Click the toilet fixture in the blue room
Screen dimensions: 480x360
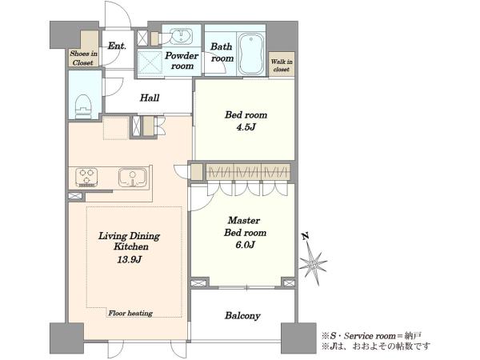pyautogui.click(x=83, y=106)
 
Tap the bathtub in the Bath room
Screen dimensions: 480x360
pyautogui.click(x=251, y=54)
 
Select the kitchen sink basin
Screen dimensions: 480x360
pyautogui.click(x=133, y=178)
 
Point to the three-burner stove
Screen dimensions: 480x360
pyautogui.click(x=86, y=178)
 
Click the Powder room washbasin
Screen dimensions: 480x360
pyautogui.click(x=181, y=37)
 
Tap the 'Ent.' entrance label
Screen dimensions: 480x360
pyautogui.click(x=117, y=46)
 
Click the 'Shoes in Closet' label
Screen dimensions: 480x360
pyautogui.click(x=83, y=58)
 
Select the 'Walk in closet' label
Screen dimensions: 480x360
pyautogui.click(x=282, y=66)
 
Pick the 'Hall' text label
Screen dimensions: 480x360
pyautogui.click(x=150, y=98)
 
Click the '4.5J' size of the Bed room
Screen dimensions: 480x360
pyautogui.click(x=246, y=127)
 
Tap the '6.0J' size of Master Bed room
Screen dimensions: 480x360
pyautogui.click(x=245, y=245)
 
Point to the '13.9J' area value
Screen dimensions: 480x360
pyautogui.click(x=129, y=260)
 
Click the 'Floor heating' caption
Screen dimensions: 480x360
pyautogui.click(x=130, y=313)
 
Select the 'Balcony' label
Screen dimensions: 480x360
pyautogui.click(x=242, y=316)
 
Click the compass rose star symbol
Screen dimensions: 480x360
pyautogui.click(x=313, y=263)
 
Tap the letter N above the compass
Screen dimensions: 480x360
pyautogui.click(x=305, y=236)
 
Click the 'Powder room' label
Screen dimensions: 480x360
pyautogui.click(x=182, y=61)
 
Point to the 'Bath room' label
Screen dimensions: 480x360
pyautogui.click(x=222, y=52)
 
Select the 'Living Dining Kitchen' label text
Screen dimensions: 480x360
pyautogui.click(x=129, y=242)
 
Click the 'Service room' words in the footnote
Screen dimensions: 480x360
pyautogui.click(x=370, y=336)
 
